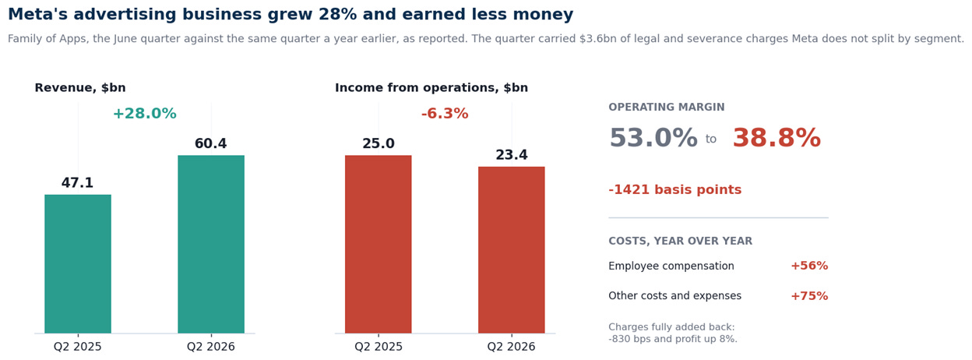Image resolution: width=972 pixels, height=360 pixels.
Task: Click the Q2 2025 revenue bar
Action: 78,263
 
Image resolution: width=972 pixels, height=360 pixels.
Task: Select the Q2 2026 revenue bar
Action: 211,244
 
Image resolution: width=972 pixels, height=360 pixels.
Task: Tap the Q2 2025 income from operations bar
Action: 378,244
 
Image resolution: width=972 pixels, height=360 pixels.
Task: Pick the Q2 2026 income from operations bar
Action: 511,249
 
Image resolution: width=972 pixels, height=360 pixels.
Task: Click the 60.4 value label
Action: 210,143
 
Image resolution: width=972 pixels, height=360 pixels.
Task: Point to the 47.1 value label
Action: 77,183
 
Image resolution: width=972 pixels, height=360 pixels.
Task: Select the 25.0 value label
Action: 379,143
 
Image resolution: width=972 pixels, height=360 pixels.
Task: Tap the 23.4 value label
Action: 512,154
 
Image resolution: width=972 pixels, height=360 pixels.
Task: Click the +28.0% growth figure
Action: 145,113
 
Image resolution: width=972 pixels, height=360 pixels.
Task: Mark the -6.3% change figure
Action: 445,113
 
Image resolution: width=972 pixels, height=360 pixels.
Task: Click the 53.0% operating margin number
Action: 653,138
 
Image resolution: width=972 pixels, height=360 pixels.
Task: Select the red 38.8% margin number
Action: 777,138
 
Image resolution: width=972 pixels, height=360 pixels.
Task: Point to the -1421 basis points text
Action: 674,190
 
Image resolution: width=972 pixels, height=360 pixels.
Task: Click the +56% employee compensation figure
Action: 809,266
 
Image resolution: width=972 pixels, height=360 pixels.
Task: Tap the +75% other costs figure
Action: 809,296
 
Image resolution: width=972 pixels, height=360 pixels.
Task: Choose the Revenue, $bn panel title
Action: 80,88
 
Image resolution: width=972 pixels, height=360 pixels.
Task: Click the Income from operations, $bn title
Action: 431,88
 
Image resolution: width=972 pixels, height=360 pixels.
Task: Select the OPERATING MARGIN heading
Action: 667,107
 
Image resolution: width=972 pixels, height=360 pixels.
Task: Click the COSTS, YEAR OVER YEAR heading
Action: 681,241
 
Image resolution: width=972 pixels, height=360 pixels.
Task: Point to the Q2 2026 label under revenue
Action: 211,347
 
